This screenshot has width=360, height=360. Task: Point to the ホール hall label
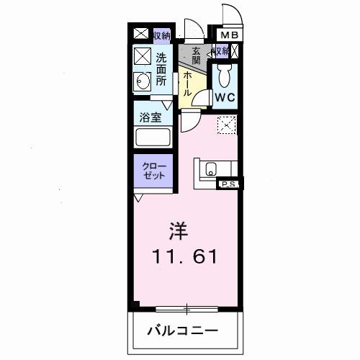186,84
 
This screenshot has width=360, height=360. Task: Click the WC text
223,96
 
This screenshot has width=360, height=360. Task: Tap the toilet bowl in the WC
223,73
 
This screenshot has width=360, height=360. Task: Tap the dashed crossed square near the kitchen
226,125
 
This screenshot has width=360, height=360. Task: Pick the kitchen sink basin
210,170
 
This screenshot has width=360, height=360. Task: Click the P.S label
228,185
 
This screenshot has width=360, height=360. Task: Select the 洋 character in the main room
179,231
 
